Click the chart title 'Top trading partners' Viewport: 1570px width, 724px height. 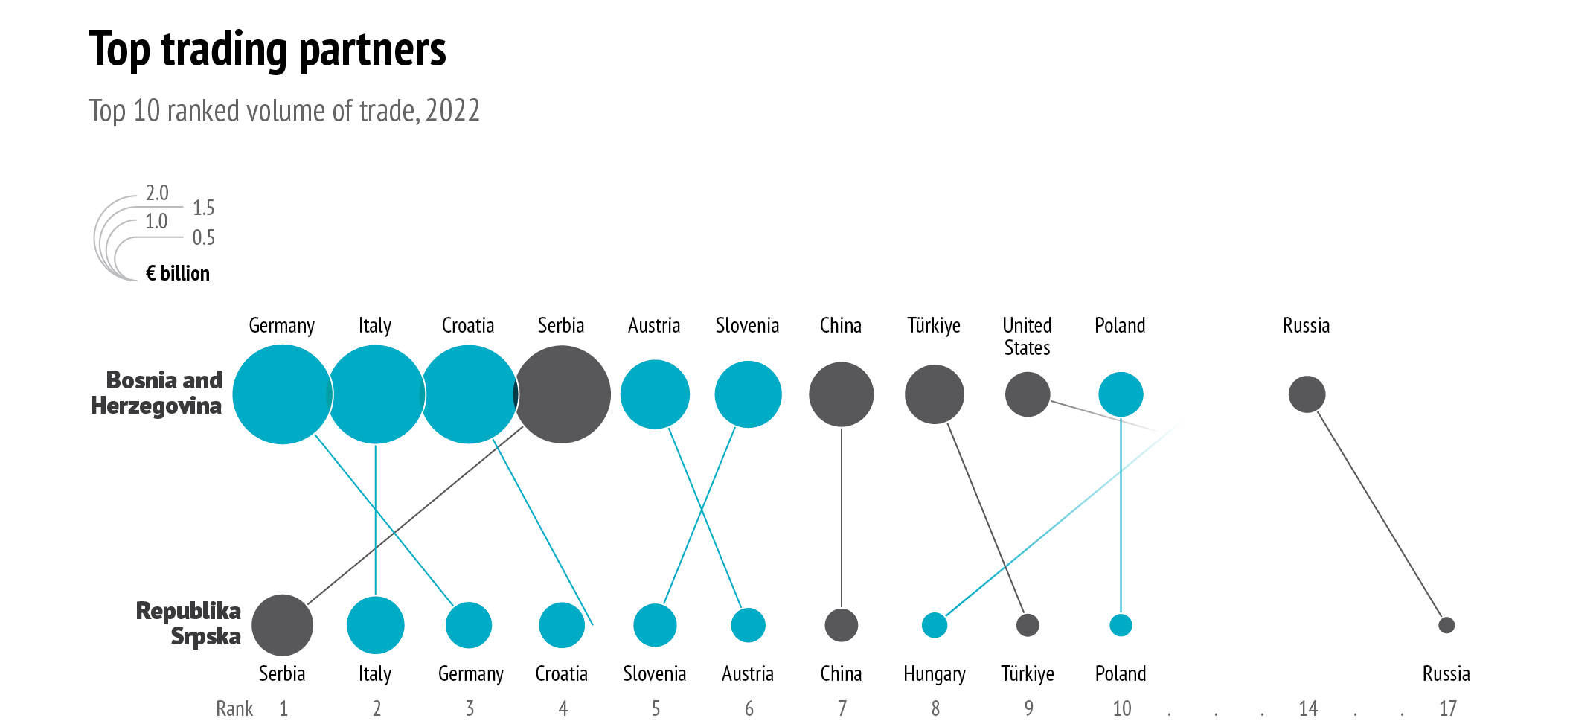(267, 50)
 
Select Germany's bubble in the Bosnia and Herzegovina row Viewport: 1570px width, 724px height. (281, 394)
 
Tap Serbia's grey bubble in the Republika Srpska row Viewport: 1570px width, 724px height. (282, 625)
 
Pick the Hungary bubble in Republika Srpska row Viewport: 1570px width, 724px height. (935, 625)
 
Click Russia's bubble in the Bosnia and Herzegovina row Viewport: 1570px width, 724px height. (1307, 394)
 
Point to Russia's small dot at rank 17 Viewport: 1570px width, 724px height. (1446, 625)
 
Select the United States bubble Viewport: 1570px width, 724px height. (1028, 394)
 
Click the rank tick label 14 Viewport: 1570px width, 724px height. (1308, 708)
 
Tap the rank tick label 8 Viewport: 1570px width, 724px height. (935, 708)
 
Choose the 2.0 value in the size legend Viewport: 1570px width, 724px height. (157, 193)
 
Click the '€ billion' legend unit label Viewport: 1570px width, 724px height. (178, 274)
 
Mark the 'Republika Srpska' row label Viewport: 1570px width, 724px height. (189, 624)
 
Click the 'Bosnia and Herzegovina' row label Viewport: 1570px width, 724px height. (157, 393)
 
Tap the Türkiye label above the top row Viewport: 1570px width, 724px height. (934, 326)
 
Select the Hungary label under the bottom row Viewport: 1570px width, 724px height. (935, 674)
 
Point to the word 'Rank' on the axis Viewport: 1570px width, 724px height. (234, 708)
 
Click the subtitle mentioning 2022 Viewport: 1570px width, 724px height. (284, 111)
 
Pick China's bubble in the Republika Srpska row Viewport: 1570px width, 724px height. (842, 625)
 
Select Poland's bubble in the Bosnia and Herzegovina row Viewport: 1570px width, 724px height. (1121, 394)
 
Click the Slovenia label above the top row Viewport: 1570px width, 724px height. (747, 326)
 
